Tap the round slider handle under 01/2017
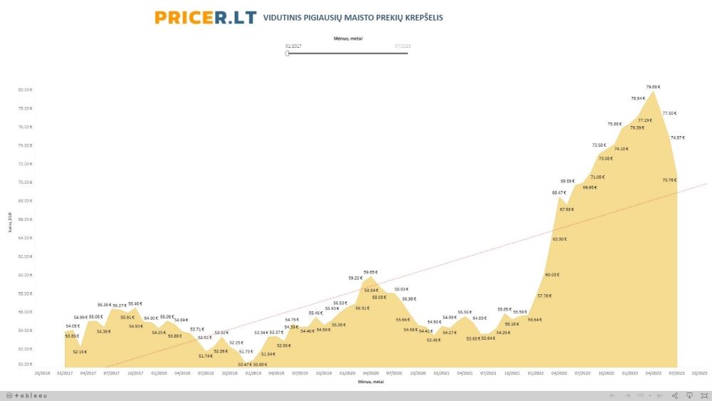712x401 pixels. (287, 53)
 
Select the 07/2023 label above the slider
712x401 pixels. (402, 46)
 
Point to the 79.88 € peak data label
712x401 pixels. (653, 87)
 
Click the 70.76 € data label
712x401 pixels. (669, 179)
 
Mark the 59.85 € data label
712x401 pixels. (370, 271)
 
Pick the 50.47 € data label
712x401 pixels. (245, 364)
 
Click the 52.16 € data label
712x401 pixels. (80, 351)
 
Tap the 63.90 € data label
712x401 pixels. (560, 239)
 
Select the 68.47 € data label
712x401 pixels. (559, 192)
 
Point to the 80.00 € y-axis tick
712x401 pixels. (26, 90)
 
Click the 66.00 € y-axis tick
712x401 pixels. (26, 219)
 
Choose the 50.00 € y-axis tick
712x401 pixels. (26, 365)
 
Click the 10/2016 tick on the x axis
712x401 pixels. (43, 373)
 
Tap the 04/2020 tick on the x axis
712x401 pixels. (370, 373)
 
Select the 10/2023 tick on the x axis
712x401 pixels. (699, 373)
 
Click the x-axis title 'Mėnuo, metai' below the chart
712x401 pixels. (370, 382)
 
